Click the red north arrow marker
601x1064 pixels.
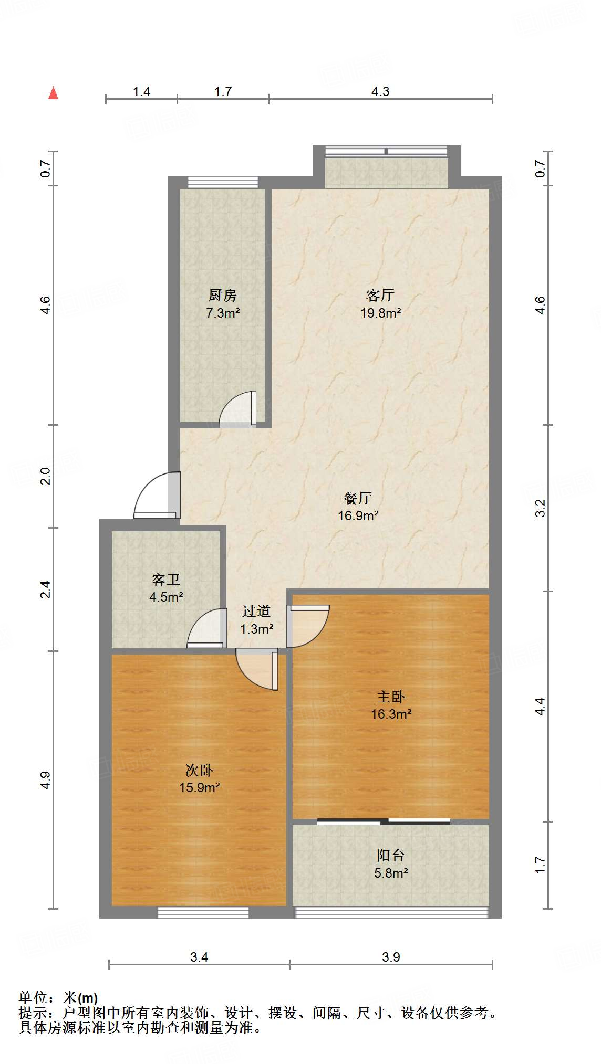pyautogui.click(x=53, y=93)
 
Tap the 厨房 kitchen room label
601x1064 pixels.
pyautogui.click(x=223, y=296)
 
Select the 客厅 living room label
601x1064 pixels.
pyautogui.click(x=380, y=296)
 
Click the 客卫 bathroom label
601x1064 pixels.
pyautogui.click(x=166, y=580)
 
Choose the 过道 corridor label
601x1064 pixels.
pyautogui.click(x=256, y=612)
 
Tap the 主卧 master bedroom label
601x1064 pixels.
pyautogui.click(x=391, y=697)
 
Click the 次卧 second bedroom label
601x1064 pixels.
pyautogui.click(x=199, y=771)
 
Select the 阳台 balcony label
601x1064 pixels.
pyautogui.click(x=391, y=856)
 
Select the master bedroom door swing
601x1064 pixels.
pyautogui.click(x=308, y=626)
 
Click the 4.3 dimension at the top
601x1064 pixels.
pyautogui.click(x=380, y=92)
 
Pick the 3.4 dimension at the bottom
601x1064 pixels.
pyautogui.click(x=199, y=957)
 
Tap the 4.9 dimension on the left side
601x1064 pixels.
pyautogui.click(x=46, y=780)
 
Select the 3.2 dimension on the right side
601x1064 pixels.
pyautogui.click(x=541, y=508)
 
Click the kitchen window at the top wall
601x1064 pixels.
pyautogui.click(x=223, y=182)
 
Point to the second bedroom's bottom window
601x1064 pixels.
pyautogui.click(x=203, y=912)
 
